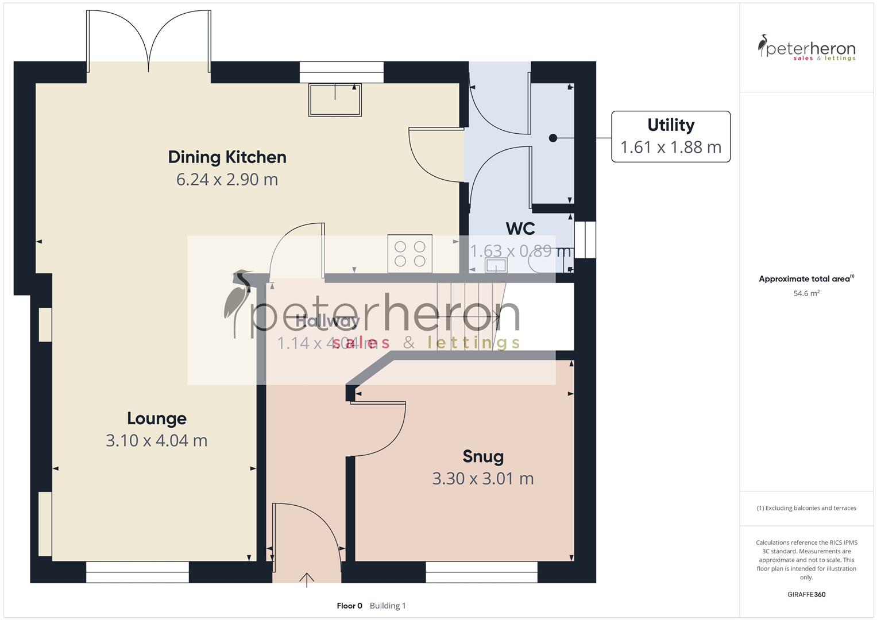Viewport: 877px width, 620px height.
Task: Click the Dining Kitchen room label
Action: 227,157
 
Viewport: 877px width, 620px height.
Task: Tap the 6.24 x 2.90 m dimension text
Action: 227,179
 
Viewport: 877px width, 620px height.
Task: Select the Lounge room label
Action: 157,418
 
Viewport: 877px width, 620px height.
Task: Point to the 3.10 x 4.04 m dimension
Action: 157,440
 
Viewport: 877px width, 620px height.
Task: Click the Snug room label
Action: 483,456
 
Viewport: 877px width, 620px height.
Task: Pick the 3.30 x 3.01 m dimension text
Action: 483,478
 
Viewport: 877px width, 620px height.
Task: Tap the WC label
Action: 520,228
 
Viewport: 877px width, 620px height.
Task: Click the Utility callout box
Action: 670,137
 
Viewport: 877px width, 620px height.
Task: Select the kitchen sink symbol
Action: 335,99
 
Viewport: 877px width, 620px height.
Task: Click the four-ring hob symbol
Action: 409,254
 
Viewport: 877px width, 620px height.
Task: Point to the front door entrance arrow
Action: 307,579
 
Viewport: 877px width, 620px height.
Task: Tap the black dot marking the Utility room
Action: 553,138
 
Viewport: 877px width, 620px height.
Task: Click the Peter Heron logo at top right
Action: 806,48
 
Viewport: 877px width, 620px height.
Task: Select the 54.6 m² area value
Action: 806,293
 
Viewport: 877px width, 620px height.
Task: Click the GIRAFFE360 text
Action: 806,594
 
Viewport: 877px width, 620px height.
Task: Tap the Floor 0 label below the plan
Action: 349,606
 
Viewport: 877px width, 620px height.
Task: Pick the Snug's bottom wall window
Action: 481,572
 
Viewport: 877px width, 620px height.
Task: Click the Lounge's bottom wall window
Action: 137,572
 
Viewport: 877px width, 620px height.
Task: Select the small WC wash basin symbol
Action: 496,265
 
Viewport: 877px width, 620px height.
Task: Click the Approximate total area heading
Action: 806,279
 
